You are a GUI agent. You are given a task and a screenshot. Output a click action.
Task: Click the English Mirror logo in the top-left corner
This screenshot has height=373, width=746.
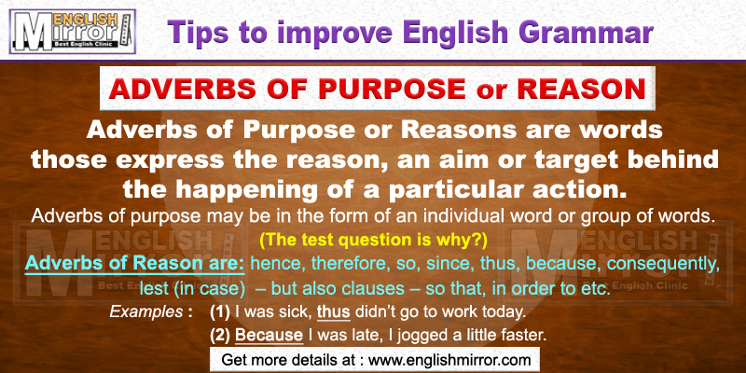(x=73, y=32)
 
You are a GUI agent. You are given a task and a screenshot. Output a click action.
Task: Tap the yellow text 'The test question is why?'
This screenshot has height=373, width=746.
(x=374, y=241)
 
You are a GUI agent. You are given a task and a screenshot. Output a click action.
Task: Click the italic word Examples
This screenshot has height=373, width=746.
(x=145, y=312)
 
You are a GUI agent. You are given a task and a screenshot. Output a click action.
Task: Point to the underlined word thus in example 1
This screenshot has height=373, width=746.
(x=334, y=312)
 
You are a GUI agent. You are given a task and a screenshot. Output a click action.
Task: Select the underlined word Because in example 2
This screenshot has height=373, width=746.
(x=269, y=336)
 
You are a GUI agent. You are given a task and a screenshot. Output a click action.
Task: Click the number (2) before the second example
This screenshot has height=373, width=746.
(x=221, y=336)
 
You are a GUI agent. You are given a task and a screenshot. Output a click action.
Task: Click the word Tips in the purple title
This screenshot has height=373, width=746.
(x=199, y=34)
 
